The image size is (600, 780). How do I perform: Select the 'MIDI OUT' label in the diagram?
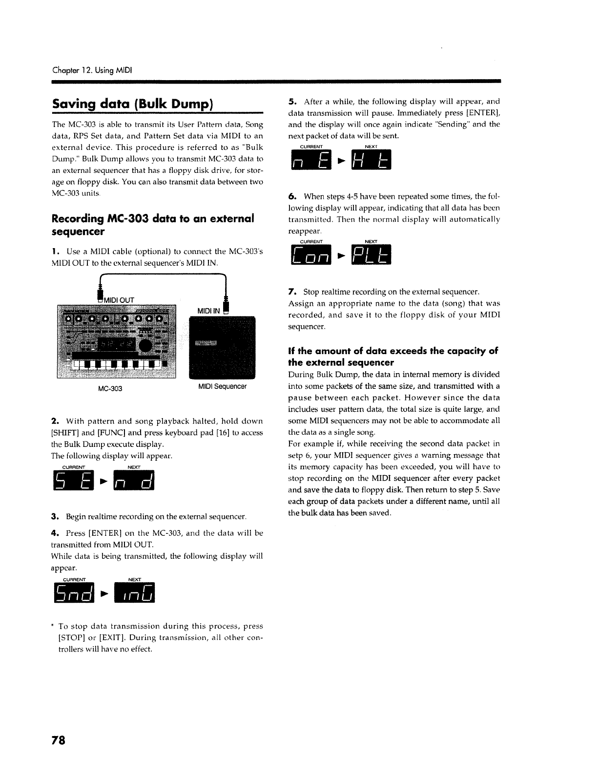pyautogui.click(x=118, y=299)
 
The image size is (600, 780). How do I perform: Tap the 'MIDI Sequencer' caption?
pyautogui.click(x=222, y=386)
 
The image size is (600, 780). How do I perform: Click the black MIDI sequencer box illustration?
pyautogui.click(x=222, y=347)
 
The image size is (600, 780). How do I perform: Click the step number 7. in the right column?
pyautogui.click(x=292, y=292)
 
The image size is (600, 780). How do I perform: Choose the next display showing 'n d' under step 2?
pyautogui.click(x=133, y=482)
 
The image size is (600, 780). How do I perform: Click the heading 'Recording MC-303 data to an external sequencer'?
pyautogui.click(x=153, y=224)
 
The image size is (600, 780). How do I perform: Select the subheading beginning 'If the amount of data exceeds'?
pyautogui.click(x=393, y=357)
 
